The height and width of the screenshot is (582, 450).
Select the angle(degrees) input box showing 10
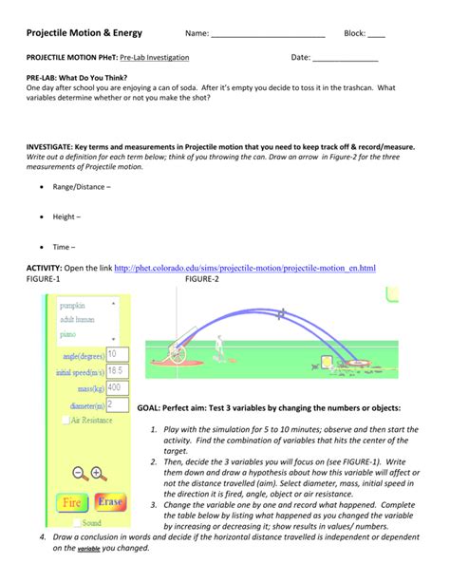tap(119, 353)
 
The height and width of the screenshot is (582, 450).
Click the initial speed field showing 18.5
tap(119, 370)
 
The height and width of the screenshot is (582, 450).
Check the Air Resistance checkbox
tap(65, 419)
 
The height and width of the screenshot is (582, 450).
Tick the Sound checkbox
tap(76, 522)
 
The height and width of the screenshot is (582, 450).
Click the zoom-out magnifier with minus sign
tap(80, 472)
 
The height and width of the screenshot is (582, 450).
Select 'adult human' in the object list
tap(79, 319)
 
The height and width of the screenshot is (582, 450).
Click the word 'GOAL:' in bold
tap(151, 407)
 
